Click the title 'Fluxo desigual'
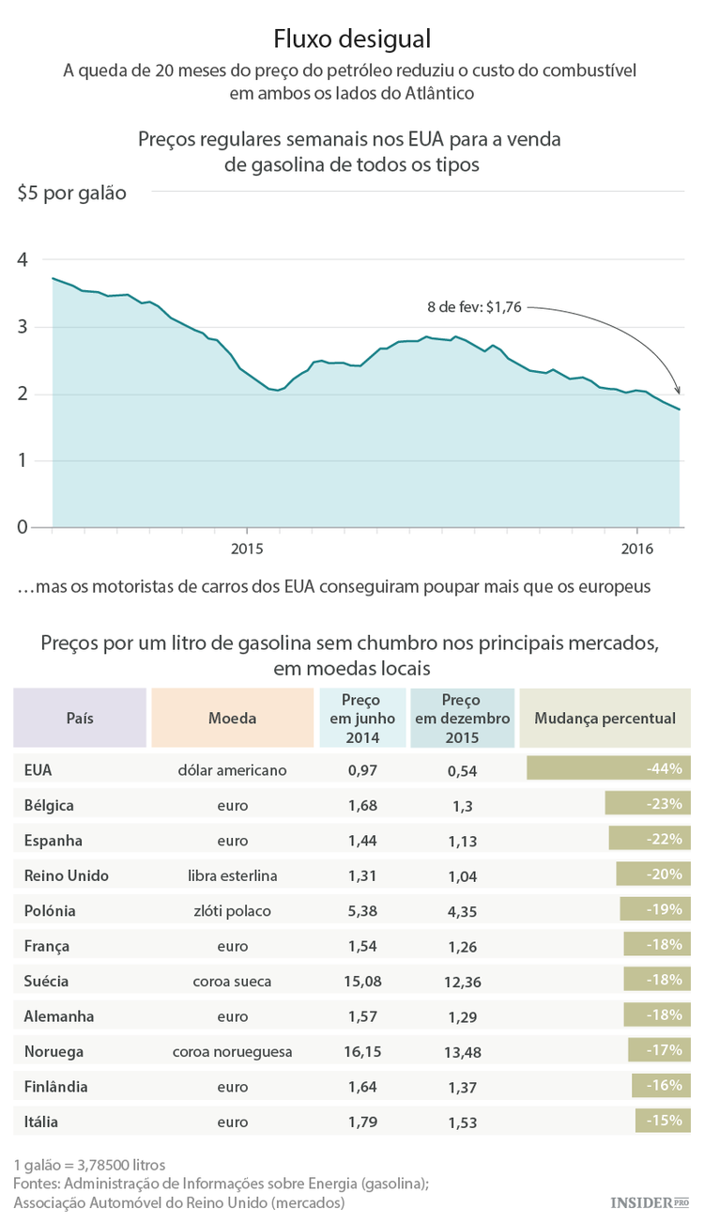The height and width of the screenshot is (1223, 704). [352, 39]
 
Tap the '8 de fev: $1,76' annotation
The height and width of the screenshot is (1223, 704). [474, 306]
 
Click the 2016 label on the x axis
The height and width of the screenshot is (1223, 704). [637, 549]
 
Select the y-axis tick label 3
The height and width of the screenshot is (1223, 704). [23, 327]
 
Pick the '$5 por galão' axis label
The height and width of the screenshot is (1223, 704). [71, 194]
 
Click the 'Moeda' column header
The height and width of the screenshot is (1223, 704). [232, 718]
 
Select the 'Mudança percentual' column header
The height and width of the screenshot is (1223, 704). [605, 718]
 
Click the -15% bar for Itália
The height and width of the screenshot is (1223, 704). [663, 1121]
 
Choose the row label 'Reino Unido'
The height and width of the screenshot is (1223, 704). [67, 875]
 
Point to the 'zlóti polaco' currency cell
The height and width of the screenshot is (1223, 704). [232, 910]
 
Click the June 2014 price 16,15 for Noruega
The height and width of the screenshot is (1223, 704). [362, 1051]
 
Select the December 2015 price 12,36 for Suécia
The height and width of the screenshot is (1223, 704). [463, 982]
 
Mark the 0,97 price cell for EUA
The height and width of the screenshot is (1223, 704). [362, 769]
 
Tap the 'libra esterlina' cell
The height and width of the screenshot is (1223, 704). [232, 875]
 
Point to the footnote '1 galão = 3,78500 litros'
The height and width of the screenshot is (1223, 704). [90, 1165]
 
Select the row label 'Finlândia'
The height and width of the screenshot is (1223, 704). [56, 1086]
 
